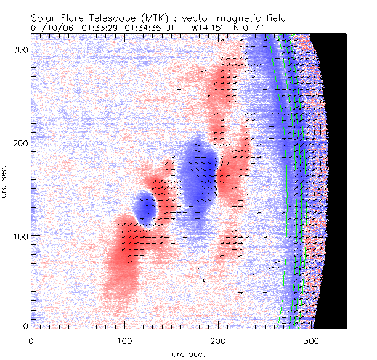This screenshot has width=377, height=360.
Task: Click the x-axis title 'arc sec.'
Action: click(x=188, y=354)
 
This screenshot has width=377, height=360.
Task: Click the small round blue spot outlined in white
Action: click(x=145, y=209)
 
